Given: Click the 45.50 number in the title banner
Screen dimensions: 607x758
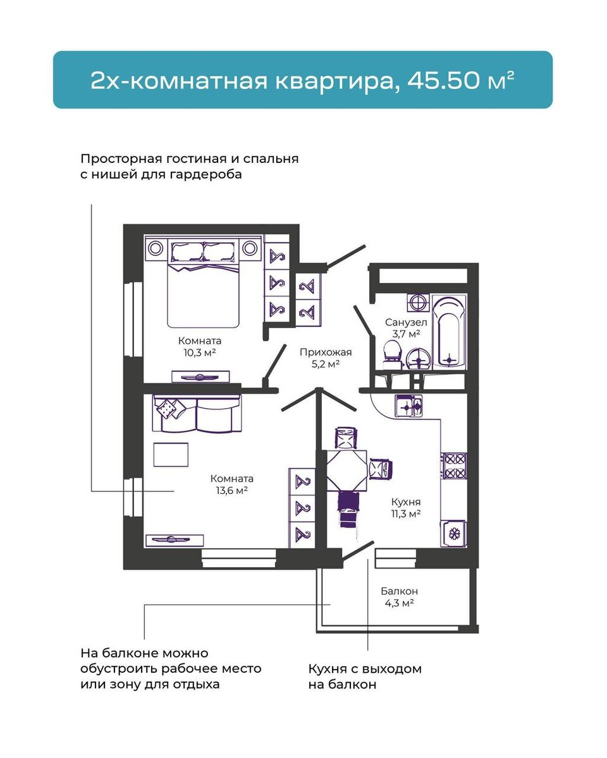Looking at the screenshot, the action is (x=457, y=81).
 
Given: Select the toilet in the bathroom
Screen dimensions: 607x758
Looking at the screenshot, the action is (x=393, y=354).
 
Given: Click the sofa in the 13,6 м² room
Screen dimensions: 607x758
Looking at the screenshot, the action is (x=197, y=413).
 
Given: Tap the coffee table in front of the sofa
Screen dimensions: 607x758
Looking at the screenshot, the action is (x=171, y=454).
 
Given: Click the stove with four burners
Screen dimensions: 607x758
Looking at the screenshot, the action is (x=454, y=466).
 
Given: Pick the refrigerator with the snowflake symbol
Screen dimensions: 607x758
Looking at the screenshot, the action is (x=453, y=534).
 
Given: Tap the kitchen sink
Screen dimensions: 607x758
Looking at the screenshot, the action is (x=409, y=405).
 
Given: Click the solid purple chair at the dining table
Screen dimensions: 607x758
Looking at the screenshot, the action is (x=348, y=502).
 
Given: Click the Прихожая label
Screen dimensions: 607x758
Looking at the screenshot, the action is (x=326, y=352).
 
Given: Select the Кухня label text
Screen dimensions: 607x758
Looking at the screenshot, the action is (x=405, y=502).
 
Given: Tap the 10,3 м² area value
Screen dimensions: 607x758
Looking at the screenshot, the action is (x=200, y=352).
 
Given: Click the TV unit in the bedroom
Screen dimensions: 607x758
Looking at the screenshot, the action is (x=200, y=376).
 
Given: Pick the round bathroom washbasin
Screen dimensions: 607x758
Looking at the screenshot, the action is (x=419, y=359).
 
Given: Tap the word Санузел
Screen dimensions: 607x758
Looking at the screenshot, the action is (x=405, y=322).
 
